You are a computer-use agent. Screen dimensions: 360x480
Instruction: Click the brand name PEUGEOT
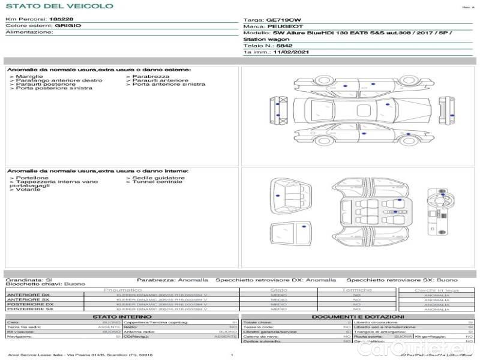pos(284,27)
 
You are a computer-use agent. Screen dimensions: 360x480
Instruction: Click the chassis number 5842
pos(284,46)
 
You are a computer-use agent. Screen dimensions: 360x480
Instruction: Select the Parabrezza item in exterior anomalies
pos(151,77)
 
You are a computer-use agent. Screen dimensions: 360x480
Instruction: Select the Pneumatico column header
pos(122,290)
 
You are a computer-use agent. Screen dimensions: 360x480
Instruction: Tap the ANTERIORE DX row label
pos(28,295)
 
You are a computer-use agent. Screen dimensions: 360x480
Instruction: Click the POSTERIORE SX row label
pos(29,310)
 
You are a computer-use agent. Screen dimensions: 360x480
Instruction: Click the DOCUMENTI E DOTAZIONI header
pos(358,317)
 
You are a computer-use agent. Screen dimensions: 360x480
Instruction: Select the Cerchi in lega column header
pos(436,290)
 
